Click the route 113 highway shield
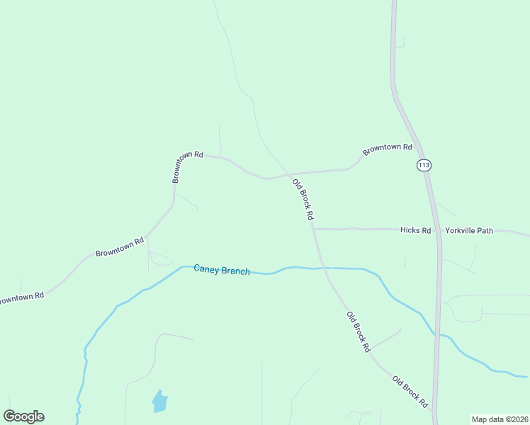click(x=424, y=165)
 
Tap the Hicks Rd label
click(x=415, y=230)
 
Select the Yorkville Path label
click(x=468, y=230)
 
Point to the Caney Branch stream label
click(x=222, y=270)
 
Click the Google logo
click(x=23, y=416)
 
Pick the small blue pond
click(x=160, y=402)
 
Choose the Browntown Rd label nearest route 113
click(x=387, y=149)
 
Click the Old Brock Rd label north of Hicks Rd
click(x=303, y=199)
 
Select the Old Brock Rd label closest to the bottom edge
click(x=410, y=392)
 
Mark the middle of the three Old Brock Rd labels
click(x=359, y=331)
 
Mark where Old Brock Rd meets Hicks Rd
click(x=313, y=229)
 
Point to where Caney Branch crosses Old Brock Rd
click(x=323, y=268)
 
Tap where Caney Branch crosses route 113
click(x=439, y=335)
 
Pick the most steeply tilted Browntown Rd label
click(x=188, y=166)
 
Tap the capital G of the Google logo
click(x=9, y=416)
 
